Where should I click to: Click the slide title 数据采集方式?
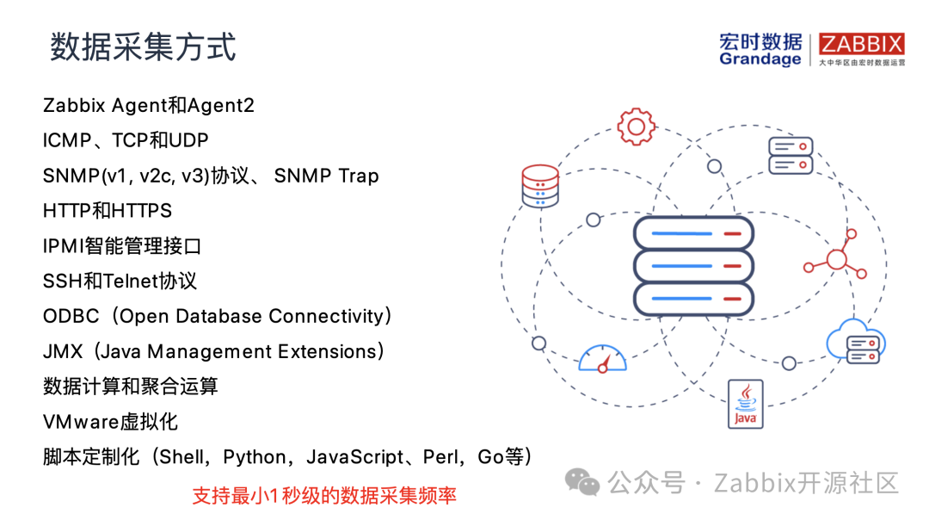pyautogui.click(x=143, y=46)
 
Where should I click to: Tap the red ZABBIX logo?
pyautogui.click(x=861, y=45)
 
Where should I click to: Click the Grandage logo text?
pyautogui.click(x=760, y=59)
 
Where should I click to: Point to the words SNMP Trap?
pyautogui.click(x=327, y=176)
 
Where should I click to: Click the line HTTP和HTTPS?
pyautogui.click(x=108, y=211)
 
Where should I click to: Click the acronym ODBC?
pyautogui.click(x=71, y=317)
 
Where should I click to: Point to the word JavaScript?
pyautogui.click(x=354, y=457)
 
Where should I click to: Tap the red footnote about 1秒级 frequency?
pyautogui.click(x=323, y=496)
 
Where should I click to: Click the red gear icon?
pyautogui.click(x=637, y=127)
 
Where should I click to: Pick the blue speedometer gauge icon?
pyautogui.click(x=603, y=359)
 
